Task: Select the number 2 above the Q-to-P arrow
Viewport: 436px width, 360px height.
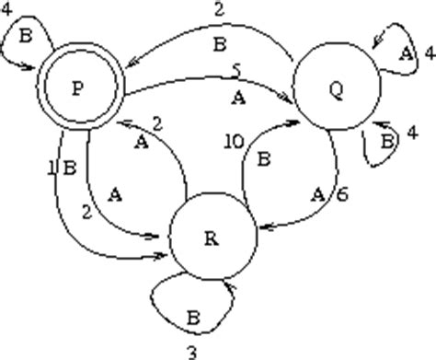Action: click(218, 11)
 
